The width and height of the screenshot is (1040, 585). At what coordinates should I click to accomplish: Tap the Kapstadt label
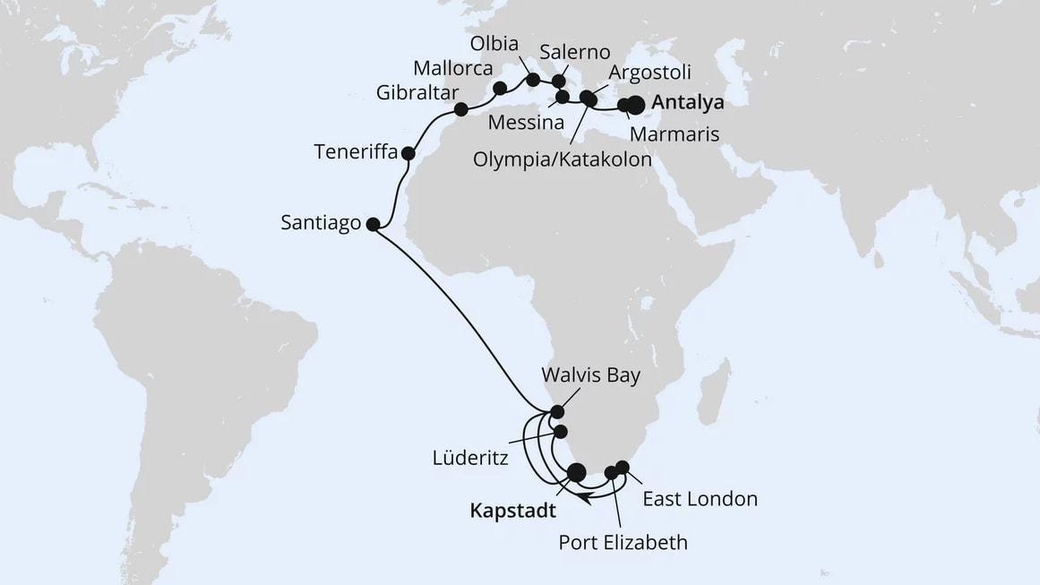(511, 512)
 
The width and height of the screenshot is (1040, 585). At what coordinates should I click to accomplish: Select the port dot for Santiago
(374, 225)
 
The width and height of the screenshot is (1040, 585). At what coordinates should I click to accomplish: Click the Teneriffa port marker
(408, 153)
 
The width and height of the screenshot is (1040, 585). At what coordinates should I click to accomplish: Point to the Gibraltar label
(417, 93)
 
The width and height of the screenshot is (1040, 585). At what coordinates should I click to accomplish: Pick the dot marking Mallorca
(500, 88)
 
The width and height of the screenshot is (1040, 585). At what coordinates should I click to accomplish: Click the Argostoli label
(649, 73)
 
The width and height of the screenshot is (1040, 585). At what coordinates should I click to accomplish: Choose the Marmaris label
(673, 135)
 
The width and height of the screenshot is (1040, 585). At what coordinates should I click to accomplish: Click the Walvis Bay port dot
(557, 412)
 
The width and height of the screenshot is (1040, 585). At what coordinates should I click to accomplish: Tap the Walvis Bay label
(591, 375)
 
